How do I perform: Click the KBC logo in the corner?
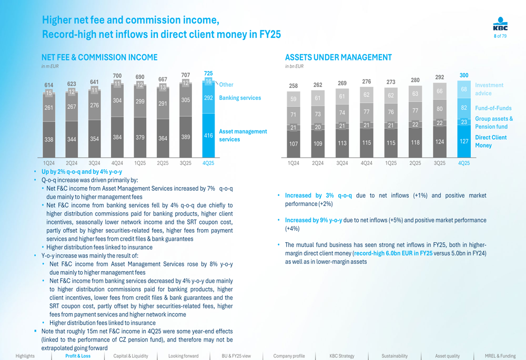500,25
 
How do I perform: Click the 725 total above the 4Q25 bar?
208,74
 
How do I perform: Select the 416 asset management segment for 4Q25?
208,136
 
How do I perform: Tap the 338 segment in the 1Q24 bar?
49,139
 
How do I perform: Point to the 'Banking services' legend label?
240,98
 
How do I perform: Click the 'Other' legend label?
226,85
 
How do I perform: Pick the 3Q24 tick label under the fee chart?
95,163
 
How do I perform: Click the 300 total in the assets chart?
464,76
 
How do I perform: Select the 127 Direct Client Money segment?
464,141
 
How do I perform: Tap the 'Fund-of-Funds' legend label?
493,108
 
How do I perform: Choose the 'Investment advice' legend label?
489,89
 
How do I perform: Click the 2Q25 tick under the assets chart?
415,163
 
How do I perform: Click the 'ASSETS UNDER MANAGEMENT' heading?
338,57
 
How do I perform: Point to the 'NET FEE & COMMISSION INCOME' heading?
99,57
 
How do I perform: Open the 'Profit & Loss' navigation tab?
78,356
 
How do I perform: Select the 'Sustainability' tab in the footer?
394,356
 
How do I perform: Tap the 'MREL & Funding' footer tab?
500,356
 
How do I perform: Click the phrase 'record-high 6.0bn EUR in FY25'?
393,253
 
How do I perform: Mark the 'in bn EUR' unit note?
294,66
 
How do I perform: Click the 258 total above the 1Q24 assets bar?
294,86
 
